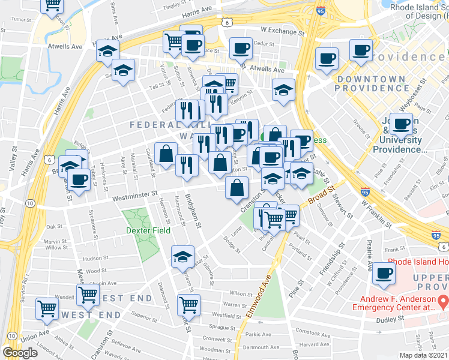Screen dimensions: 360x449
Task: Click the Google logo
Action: coord(20,353)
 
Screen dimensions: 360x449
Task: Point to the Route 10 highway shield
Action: coord(29,203)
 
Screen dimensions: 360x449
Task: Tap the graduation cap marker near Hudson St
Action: coord(182,257)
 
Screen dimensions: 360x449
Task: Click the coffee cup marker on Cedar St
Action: coord(241,48)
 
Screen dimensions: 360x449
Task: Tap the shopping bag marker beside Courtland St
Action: coord(166,154)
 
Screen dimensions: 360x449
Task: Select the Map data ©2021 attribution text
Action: coord(423,355)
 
